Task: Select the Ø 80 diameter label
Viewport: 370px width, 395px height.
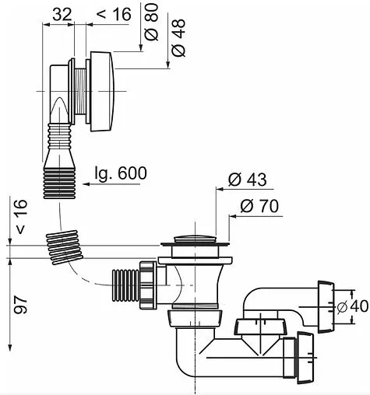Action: (x=152, y=24)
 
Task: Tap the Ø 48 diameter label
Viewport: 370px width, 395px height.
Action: (x=178, y=37)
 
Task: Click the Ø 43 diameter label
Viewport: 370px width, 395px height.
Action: (x=247, y=180)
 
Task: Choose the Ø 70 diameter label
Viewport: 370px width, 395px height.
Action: (x=259, y=207)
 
